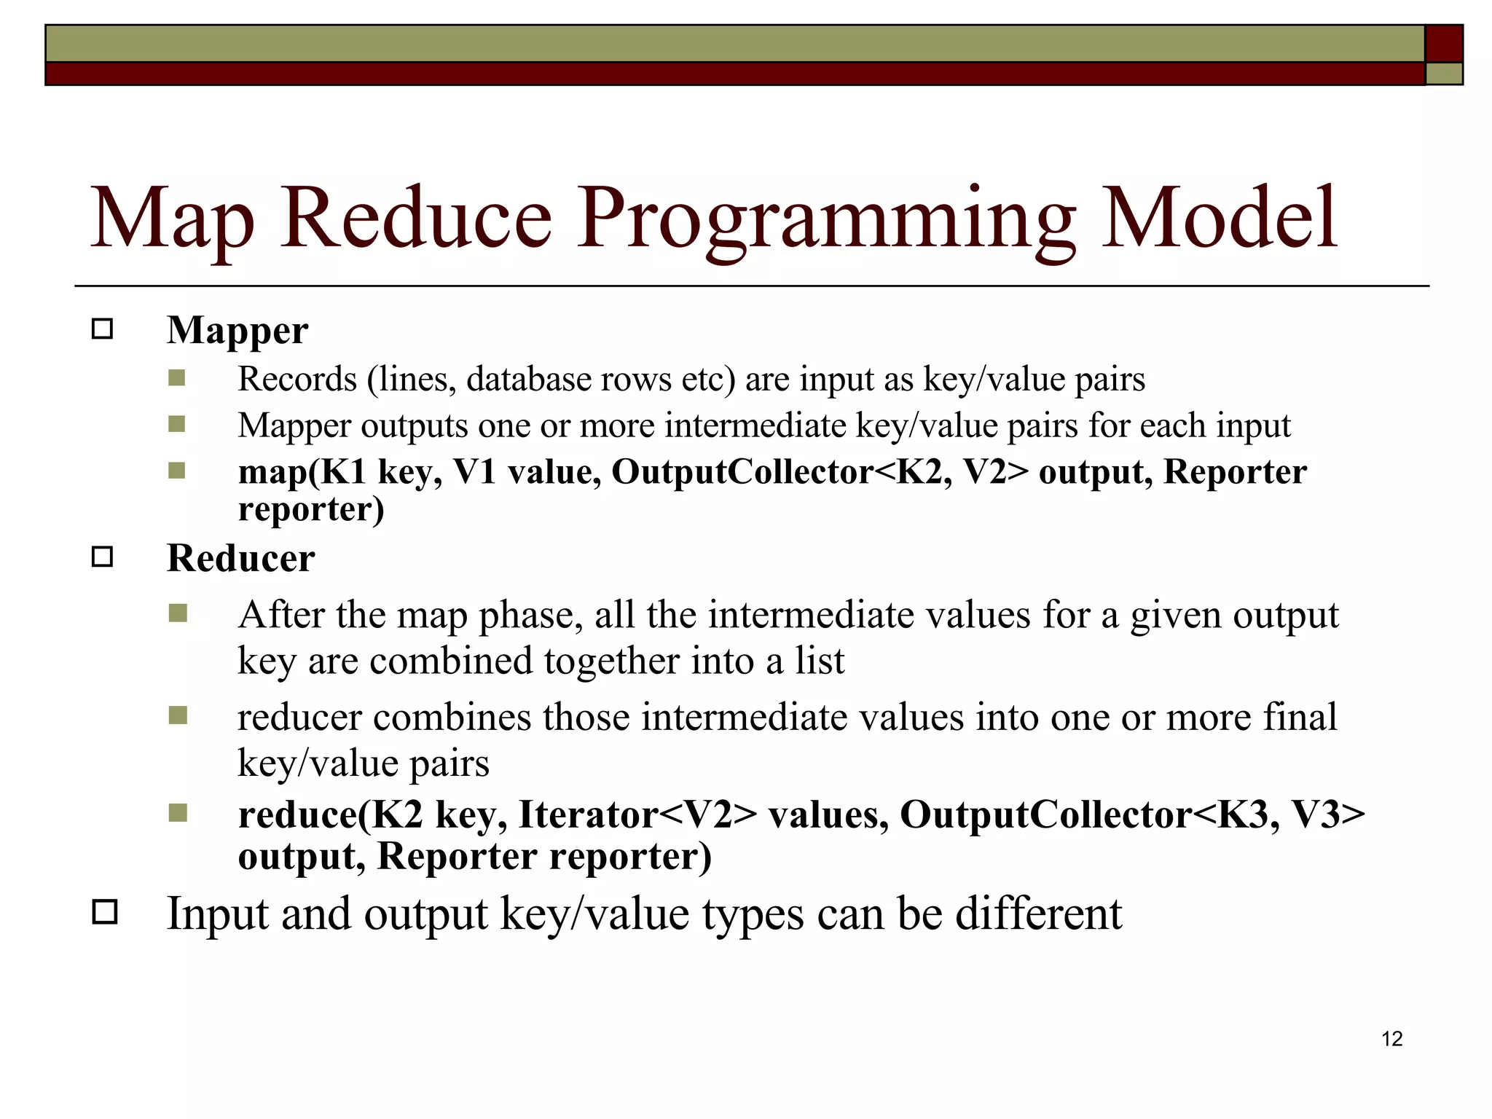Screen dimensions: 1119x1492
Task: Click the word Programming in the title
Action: pyautogui.click(x=826, y=219)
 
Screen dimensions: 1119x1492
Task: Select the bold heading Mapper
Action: pyautogui.click(x=237, y=330)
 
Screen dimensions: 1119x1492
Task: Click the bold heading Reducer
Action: pyautogui.click(x=240, y=558)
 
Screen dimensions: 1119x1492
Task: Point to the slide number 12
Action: pyautogui.click(x=1391, y=1039)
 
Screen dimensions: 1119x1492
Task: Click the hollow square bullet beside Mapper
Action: pyautogui.click(x=103, y=329)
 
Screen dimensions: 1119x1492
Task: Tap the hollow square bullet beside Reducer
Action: pyautogui.click(x=103, y=557)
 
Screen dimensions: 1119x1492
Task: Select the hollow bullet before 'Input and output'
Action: pyautogui.click(x=105, y=912)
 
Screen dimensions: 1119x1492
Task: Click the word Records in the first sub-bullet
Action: pyautogui.click(x=297, y=379)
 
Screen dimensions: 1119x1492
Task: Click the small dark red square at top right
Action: pyautogui.click(x=1444, y=43)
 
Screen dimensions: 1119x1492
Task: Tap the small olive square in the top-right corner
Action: pyautogui.click(x=1444, y=74)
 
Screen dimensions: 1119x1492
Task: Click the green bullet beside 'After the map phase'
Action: pyautogui.click(x=178, y=613)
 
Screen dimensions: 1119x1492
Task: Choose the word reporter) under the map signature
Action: pyautogui.click(x=311, y=509)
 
